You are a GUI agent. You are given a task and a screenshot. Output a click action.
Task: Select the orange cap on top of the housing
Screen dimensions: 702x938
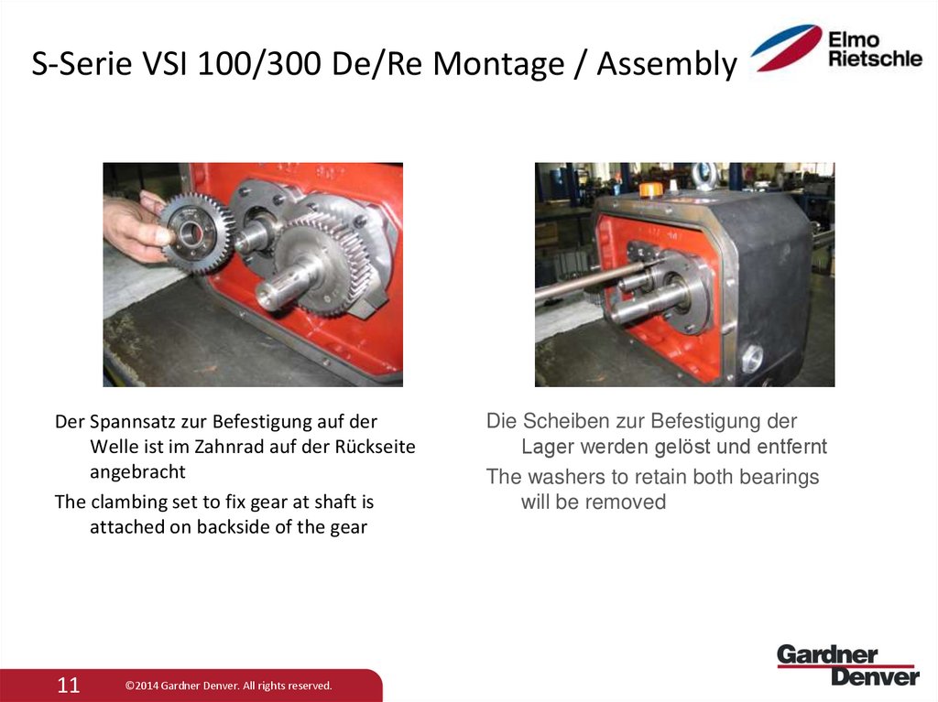pos(650,189)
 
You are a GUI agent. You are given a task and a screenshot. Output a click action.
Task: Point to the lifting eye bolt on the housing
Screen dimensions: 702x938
pos(704,174)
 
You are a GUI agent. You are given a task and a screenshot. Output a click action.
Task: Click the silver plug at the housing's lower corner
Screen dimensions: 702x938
pos(752,358)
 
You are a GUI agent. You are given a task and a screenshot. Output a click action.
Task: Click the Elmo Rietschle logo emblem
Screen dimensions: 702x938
pos(786,49)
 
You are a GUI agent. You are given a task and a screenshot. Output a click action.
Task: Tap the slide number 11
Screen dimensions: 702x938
pos(69,685)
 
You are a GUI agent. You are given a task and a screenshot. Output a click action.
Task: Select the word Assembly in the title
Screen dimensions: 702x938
pos(666,64)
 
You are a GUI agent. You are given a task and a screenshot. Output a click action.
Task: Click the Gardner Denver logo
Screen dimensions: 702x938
pos(847,664)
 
